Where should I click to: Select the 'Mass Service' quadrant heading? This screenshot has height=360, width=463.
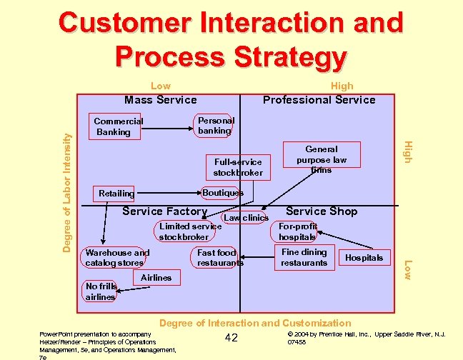tap(161, 100)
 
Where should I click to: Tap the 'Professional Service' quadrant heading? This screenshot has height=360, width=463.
tap(319, 100)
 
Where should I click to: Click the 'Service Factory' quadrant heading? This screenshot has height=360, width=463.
tap(164, 211)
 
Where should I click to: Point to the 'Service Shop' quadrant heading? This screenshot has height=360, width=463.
tap(322, 211)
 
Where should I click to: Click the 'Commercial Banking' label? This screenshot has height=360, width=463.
tap(119, 126)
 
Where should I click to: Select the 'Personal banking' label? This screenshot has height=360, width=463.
tap(214, 126)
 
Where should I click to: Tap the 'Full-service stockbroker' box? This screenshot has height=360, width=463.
tap(238, 167)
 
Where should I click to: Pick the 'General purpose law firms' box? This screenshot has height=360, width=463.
tap(321, 159)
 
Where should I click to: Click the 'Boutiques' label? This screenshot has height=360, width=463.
tap(222, 193)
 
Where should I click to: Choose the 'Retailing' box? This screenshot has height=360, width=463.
tap(116, 194)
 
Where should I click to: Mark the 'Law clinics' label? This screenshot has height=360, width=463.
tap(246, 217)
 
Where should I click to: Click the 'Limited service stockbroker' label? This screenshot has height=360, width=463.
tap(189, 231)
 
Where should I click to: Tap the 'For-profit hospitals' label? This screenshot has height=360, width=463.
tap(297, 231)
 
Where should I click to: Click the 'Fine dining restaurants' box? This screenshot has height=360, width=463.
tap(304, 257)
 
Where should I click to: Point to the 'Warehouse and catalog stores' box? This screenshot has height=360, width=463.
tap(118, 258)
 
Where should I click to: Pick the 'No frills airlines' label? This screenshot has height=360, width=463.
tap(100, 291)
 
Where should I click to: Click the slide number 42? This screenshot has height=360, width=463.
tap(231, 338)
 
